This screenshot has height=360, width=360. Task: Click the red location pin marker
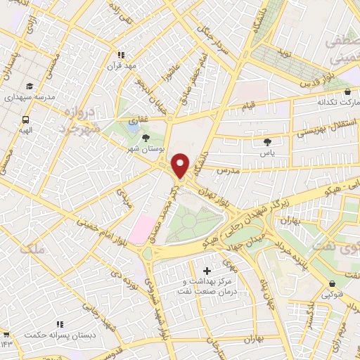pos(181,165)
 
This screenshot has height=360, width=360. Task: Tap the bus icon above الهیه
pos(25,120)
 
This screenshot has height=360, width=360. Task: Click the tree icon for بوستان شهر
pos(146,139)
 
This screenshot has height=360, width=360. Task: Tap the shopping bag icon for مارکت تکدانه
pos(347,91)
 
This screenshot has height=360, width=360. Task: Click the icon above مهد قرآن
pos(121,54)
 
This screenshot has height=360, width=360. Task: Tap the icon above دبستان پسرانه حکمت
pos(60,324)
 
